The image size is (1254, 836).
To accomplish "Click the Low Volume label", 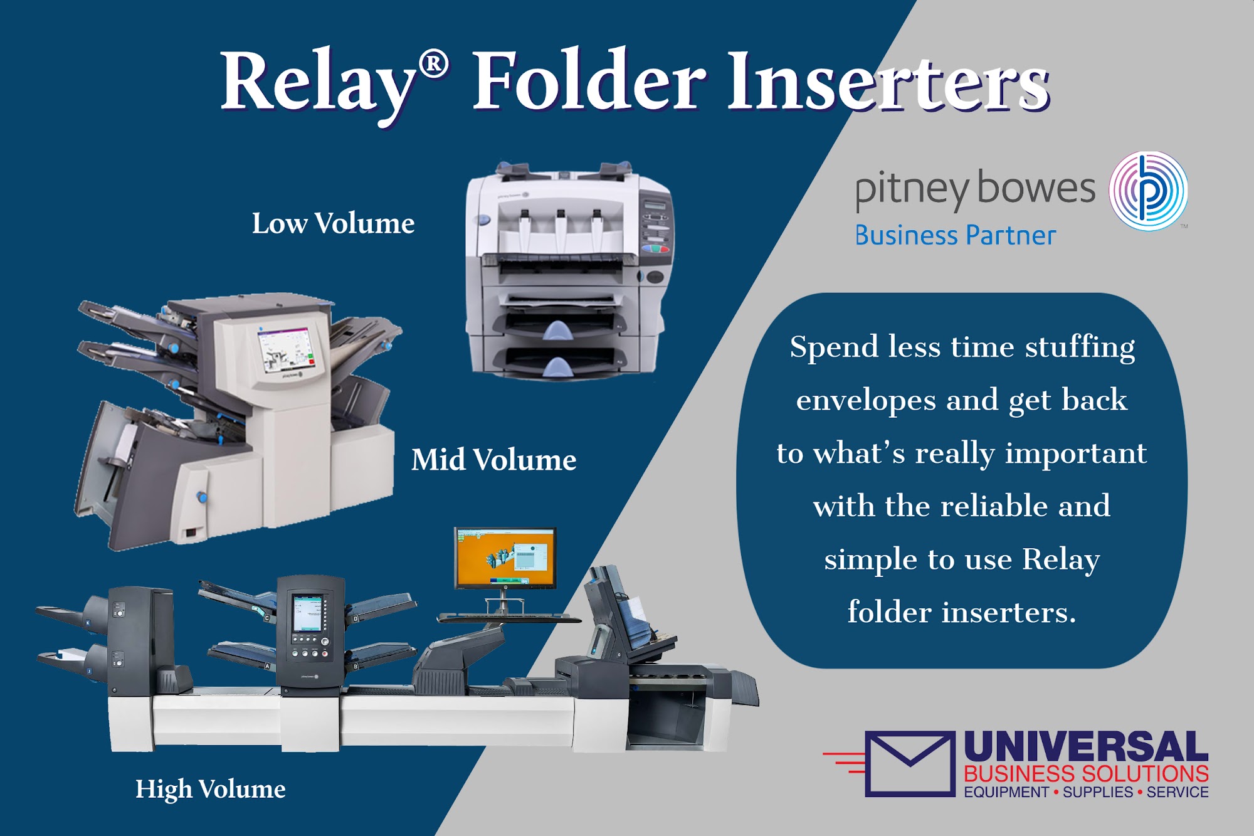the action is click(333, 223).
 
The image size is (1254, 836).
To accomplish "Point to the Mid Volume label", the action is click(493, 460).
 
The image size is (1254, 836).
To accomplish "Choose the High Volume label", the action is click(211, 789).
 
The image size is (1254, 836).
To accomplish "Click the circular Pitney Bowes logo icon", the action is click(1148, 191).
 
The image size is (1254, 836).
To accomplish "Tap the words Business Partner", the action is click(956, 236).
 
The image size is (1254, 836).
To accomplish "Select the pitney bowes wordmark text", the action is click(975, 189).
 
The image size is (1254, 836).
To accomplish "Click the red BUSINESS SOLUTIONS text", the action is click(1086, 773).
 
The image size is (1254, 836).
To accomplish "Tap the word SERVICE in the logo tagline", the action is click(1178, 792).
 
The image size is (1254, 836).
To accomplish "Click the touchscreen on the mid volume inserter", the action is click(287, 349).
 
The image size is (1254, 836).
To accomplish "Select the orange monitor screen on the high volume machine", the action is click(505, 558).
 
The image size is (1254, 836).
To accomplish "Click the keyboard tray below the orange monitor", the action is click(509, 618).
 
